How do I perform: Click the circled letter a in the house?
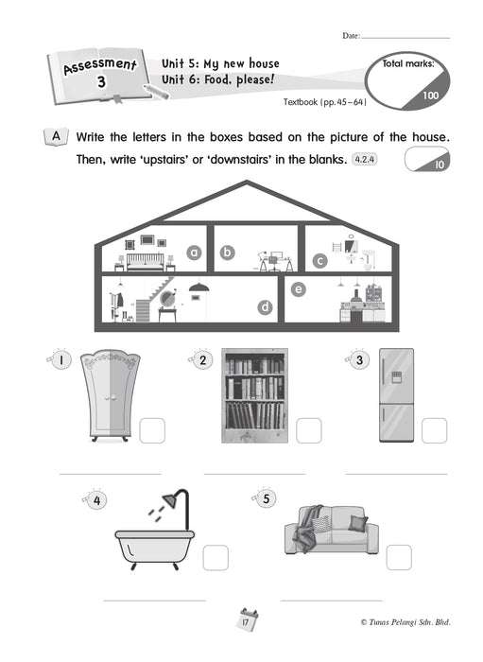[x=194, y=253]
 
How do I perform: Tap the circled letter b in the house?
[x=228, y=253]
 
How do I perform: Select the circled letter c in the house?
[x=319, y=261]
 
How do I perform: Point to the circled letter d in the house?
[x=265, y=307]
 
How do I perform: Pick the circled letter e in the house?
[x=299, y=289]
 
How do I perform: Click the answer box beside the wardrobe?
[x=152, y=430]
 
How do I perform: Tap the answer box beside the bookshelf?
[x=309, y=430]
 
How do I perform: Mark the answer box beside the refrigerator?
[x=434, y=430]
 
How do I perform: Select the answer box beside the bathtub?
[x=216, y=557]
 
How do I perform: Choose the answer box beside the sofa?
[x=399, y=557]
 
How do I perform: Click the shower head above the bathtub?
[x=171, y=500]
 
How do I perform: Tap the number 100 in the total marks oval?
[x=431, y=96]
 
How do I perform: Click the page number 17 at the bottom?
[x=246, y=622]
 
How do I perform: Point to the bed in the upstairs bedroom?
[x=146, y=262]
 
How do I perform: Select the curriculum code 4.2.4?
[x=365, y=160]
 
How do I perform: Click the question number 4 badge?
[x=97, y=500]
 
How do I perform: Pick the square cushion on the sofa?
[x=357, y=524]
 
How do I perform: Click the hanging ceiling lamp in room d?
[x=198, y=287]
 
